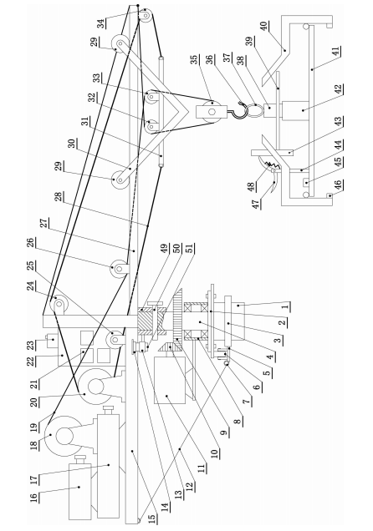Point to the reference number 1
[x=285, y=306]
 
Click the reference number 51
[x=192, y=248]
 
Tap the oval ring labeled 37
[x=254, y=110]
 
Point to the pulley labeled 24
[x=59, y=304]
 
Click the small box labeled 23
[x=51, y=339]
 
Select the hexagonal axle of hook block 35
[x=211, y=113]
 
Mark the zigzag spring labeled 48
[x=271, y=166]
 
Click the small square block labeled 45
[x=306, y=183]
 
